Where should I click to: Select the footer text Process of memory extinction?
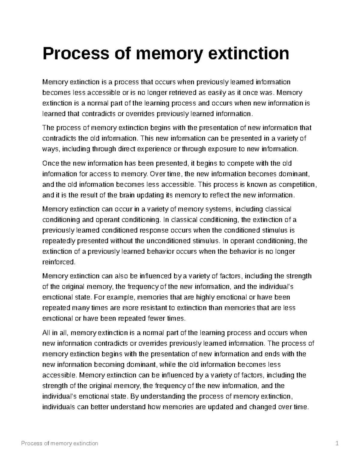coord(60,443)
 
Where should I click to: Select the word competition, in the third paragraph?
coord(300,185)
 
